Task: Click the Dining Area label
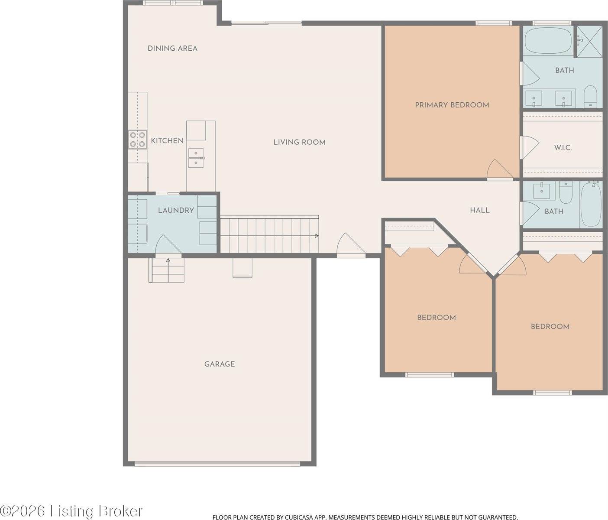[172, 48]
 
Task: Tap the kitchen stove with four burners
[137, 140]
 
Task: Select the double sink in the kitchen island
[196, 158]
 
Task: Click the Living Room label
[299, 142]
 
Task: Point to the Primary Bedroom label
[452, 105]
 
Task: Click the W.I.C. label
[563, 148]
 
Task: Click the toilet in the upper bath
[590, 96]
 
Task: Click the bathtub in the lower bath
[591, 204]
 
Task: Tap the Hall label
[480, 210]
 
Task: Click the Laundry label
[175, 210]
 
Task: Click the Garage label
[219, 364]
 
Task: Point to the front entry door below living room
[351, 246]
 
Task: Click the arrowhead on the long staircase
[317, 236]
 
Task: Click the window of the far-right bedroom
[552, 393]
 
